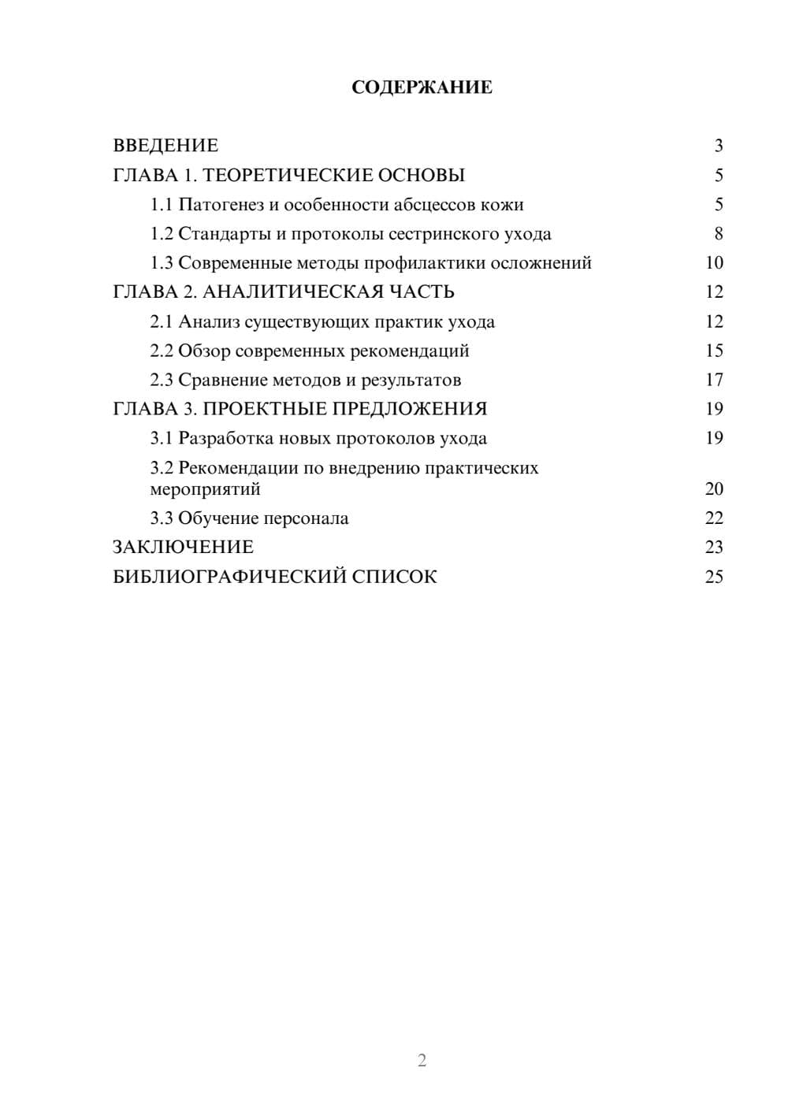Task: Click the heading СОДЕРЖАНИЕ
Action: [422, 87]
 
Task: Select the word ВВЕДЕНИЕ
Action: [165, 146]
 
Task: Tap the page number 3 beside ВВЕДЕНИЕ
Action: [718, 146]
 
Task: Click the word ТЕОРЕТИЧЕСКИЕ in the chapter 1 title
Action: [284, 175]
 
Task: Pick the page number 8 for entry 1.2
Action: [718, 234]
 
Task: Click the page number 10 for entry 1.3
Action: [714, 263]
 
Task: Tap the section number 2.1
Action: [162, 321]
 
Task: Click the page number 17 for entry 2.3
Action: [714, 380]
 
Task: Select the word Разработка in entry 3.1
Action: [226, 438]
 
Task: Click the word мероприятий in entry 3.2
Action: [205, 489]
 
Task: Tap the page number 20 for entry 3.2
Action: [714, 489]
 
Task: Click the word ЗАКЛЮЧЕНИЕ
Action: [183, 548]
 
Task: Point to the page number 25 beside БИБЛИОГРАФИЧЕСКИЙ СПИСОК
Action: [714, 577]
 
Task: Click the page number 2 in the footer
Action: [422, 1060]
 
